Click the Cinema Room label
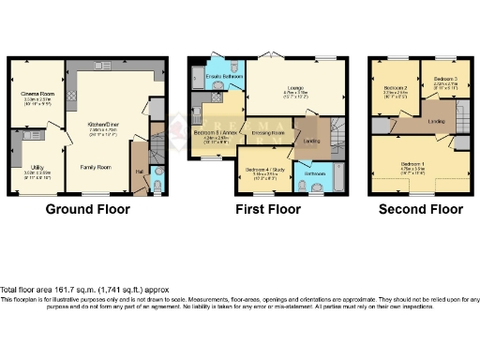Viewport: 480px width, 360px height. click(x=37, y=93)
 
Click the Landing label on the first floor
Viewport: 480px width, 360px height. click(x=311, y=141)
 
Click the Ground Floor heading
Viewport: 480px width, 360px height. click(x=89, y=210)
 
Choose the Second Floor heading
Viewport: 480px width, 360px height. click(x=420, y=210)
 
